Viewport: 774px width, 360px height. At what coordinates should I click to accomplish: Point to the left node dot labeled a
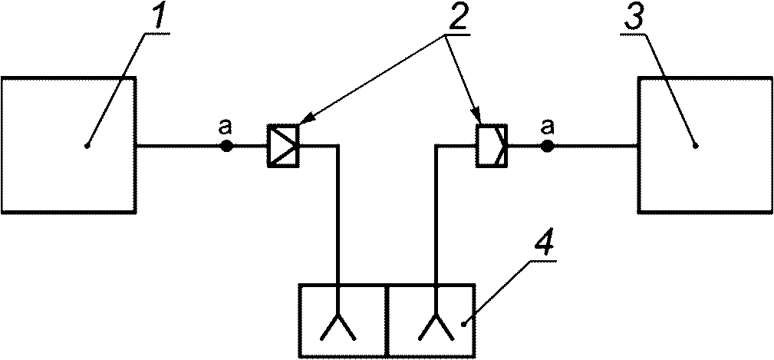click(x=226, y=145)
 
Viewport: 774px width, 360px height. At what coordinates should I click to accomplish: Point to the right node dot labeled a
click(x=547, y=145)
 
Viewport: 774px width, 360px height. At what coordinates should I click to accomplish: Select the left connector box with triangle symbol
click(x=282, y=145)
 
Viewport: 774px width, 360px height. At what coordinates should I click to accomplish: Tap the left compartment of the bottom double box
click(x=343, y=319)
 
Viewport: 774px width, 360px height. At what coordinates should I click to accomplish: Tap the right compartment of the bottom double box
click(x=432, y=319)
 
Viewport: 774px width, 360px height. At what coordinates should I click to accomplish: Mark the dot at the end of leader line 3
click(x=694, y=145)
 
